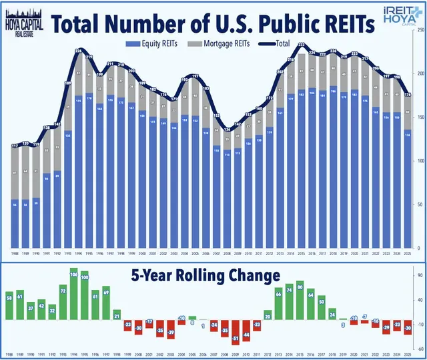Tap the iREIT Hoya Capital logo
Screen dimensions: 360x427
click(397, 17)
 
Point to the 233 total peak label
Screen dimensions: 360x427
click(302, 45)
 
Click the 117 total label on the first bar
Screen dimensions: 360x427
click(15, 146)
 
